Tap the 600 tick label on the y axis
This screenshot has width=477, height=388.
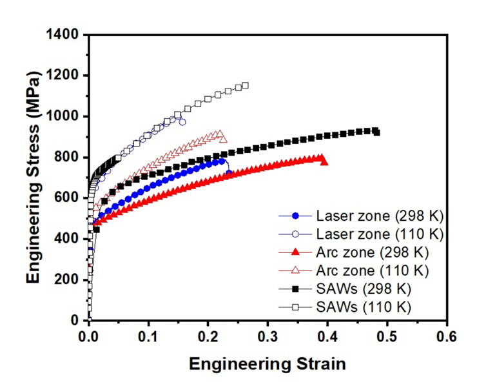click(67, 198)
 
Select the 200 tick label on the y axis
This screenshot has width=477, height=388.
click(67, 280)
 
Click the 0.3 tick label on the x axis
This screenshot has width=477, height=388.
click(268, 336)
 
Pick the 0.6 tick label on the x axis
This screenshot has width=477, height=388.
click(447, 336)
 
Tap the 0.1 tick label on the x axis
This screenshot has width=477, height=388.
click(148, 336)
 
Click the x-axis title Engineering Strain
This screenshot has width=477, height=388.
click(267, 363)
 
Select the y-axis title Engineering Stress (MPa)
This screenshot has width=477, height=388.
click(35, 178)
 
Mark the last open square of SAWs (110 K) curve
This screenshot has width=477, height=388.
click(245, 85)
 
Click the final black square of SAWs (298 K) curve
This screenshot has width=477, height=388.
click(376, 132)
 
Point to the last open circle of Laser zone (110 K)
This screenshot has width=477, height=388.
click(182, 122)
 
